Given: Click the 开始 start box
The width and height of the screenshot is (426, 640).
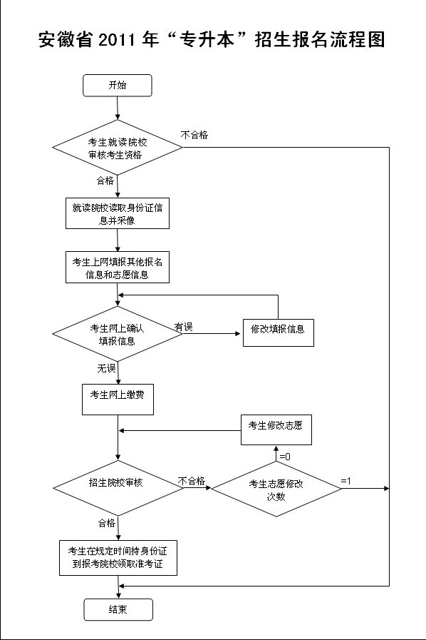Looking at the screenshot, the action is click(118, 86).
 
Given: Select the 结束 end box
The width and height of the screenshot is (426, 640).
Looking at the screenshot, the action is click(118, 610).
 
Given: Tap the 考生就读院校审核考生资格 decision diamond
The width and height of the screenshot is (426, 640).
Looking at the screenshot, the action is click(118, 148).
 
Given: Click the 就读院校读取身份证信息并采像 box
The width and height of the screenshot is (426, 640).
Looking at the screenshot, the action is click(118, 213).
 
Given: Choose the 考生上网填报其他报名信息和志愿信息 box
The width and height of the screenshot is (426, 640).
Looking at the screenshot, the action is click(118, 268).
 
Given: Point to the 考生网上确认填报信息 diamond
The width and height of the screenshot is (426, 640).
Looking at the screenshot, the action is click(118, 334).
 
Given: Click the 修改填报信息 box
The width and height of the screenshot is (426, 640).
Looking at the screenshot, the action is click(279, 332).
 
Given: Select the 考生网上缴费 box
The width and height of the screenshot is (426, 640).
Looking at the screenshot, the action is click(118, 400).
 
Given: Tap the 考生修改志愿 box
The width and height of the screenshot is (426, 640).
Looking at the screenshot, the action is click(276, 430).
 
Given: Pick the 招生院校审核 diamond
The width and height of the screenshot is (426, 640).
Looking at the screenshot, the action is click(118, 488).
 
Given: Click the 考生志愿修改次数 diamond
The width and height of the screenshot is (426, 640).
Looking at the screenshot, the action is click(276, 489).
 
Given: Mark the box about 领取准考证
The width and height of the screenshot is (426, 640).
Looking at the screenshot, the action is click(118, 558).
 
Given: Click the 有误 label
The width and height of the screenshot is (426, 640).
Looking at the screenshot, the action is click(184, 327).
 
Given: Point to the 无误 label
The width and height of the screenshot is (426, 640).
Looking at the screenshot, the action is click(106, 368).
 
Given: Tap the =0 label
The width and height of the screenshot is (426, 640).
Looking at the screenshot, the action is click(285, 457).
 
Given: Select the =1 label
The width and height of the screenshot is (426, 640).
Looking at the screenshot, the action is click(346, 481).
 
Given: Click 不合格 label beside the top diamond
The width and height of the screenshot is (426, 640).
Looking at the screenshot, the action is click(194, 135).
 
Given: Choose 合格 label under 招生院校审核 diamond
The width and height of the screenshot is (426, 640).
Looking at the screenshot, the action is click(107, 523).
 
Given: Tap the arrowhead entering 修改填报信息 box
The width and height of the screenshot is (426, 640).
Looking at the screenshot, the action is click(239, 333).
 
